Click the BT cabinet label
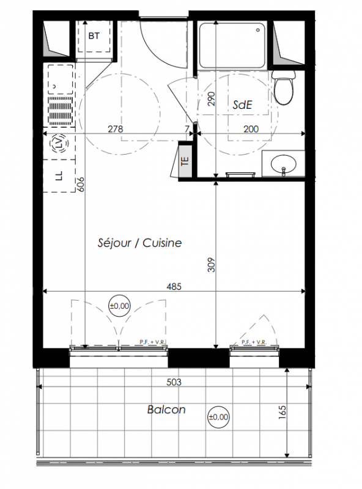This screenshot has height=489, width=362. (x=94, y=36)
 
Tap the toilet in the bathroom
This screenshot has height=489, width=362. (x=284, y=87)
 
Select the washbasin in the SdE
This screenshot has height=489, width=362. (x=283, y=164)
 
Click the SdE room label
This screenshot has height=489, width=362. (x=243, y=105)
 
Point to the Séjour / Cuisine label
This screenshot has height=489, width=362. (x=139, y=243)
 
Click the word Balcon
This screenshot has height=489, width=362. (x=166, y=410)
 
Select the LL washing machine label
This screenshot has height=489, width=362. (x=59, y=175)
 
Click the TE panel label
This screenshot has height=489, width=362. (x=185, y=161)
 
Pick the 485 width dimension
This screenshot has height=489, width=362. (x=174, y=286)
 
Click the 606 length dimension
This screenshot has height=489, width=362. (x=80, y=185)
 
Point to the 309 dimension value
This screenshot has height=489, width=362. (x=212, y=265)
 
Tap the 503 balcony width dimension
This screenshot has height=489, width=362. (x=174, y=382)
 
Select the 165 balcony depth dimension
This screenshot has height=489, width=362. (x=282, y=412)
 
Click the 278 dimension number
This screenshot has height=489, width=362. (x=116, y=129)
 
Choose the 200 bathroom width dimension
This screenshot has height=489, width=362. (x=251, y=129)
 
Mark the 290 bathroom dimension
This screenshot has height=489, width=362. (x=212, y=99)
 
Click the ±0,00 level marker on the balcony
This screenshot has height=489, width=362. (x=218, y=417)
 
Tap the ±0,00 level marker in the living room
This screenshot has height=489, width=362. (x=119, y=306)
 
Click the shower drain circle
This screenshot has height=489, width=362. (x=258, y=30)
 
